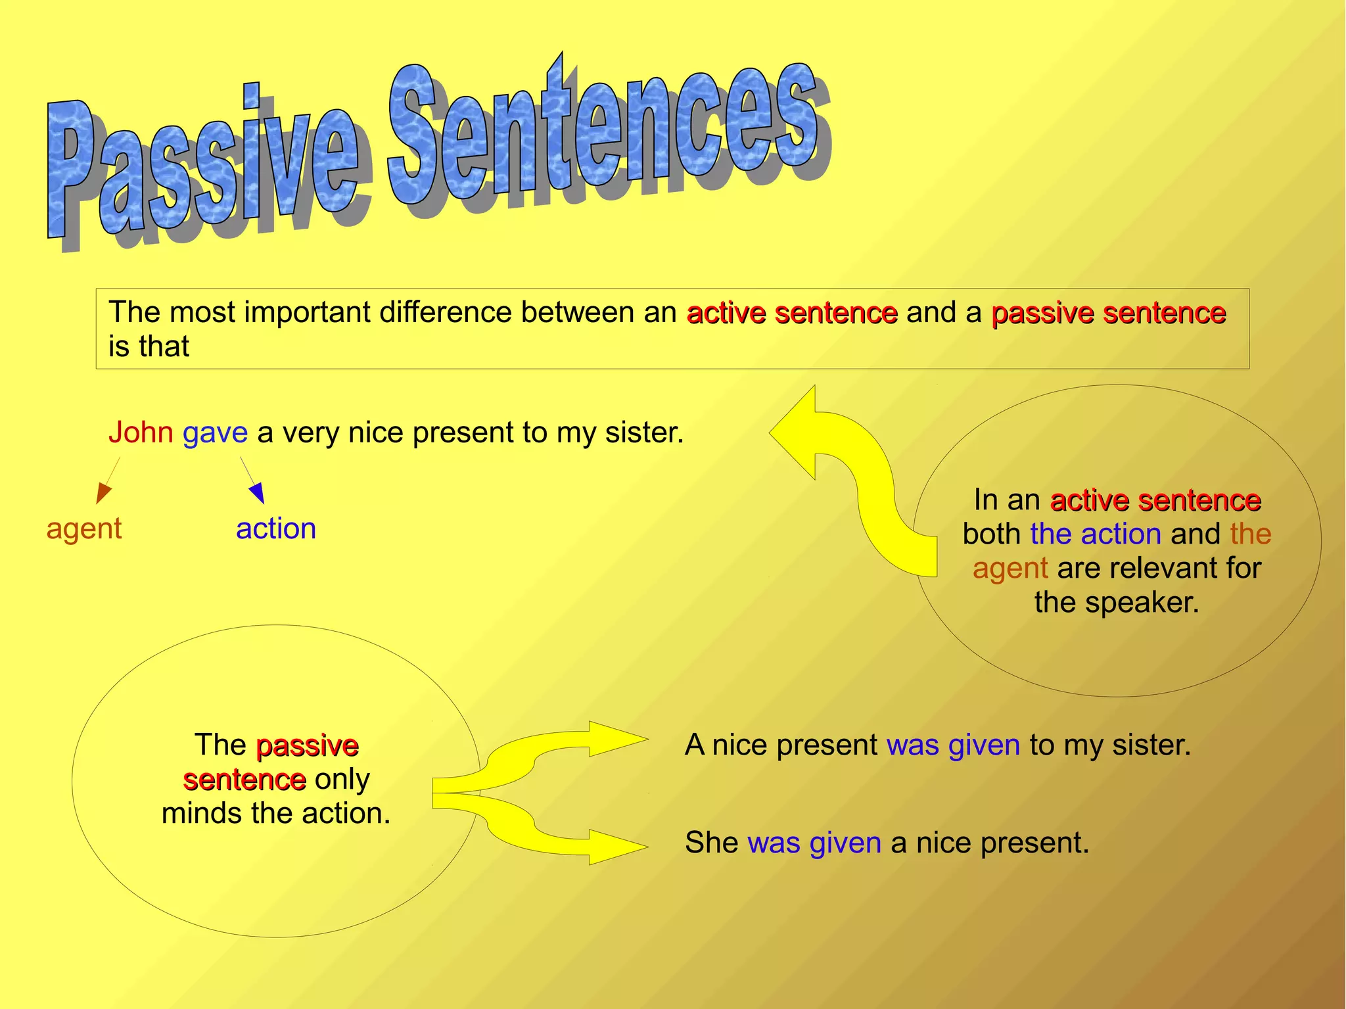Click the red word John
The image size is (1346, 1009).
point(141,433)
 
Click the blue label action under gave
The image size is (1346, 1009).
point(276,528)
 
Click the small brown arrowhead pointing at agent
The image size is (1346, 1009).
point(103,492)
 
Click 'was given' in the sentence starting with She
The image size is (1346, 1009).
point(814,843)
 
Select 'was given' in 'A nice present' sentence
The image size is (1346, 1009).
point(953,745)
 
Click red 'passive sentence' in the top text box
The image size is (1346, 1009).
point(1108,313)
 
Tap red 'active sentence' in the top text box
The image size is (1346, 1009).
point(792,313)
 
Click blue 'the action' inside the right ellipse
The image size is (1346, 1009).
point(1096,534)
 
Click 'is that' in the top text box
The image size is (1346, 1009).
point(149,346)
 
